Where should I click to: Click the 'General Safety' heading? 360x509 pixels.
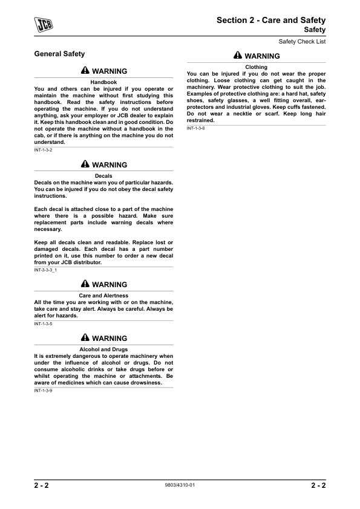59,54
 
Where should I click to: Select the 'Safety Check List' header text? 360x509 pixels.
302,42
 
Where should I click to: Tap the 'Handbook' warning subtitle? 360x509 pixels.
103,82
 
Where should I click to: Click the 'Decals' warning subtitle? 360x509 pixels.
103,176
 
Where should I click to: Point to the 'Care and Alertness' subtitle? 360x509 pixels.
103,296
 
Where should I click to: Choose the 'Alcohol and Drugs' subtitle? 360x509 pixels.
103,349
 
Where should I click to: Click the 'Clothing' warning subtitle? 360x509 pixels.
256,67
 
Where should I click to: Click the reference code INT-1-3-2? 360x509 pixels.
44,151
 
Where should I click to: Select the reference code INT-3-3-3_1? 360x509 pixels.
47,270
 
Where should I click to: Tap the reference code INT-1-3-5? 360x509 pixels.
44,324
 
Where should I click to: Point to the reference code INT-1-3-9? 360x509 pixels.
44,391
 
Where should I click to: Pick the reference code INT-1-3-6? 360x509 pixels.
196,129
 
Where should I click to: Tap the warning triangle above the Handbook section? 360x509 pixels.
85,71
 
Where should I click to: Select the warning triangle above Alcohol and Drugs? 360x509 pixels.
85,339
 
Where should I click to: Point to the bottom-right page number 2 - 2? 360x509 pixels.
315,485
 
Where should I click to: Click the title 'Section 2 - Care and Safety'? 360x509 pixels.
271,21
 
